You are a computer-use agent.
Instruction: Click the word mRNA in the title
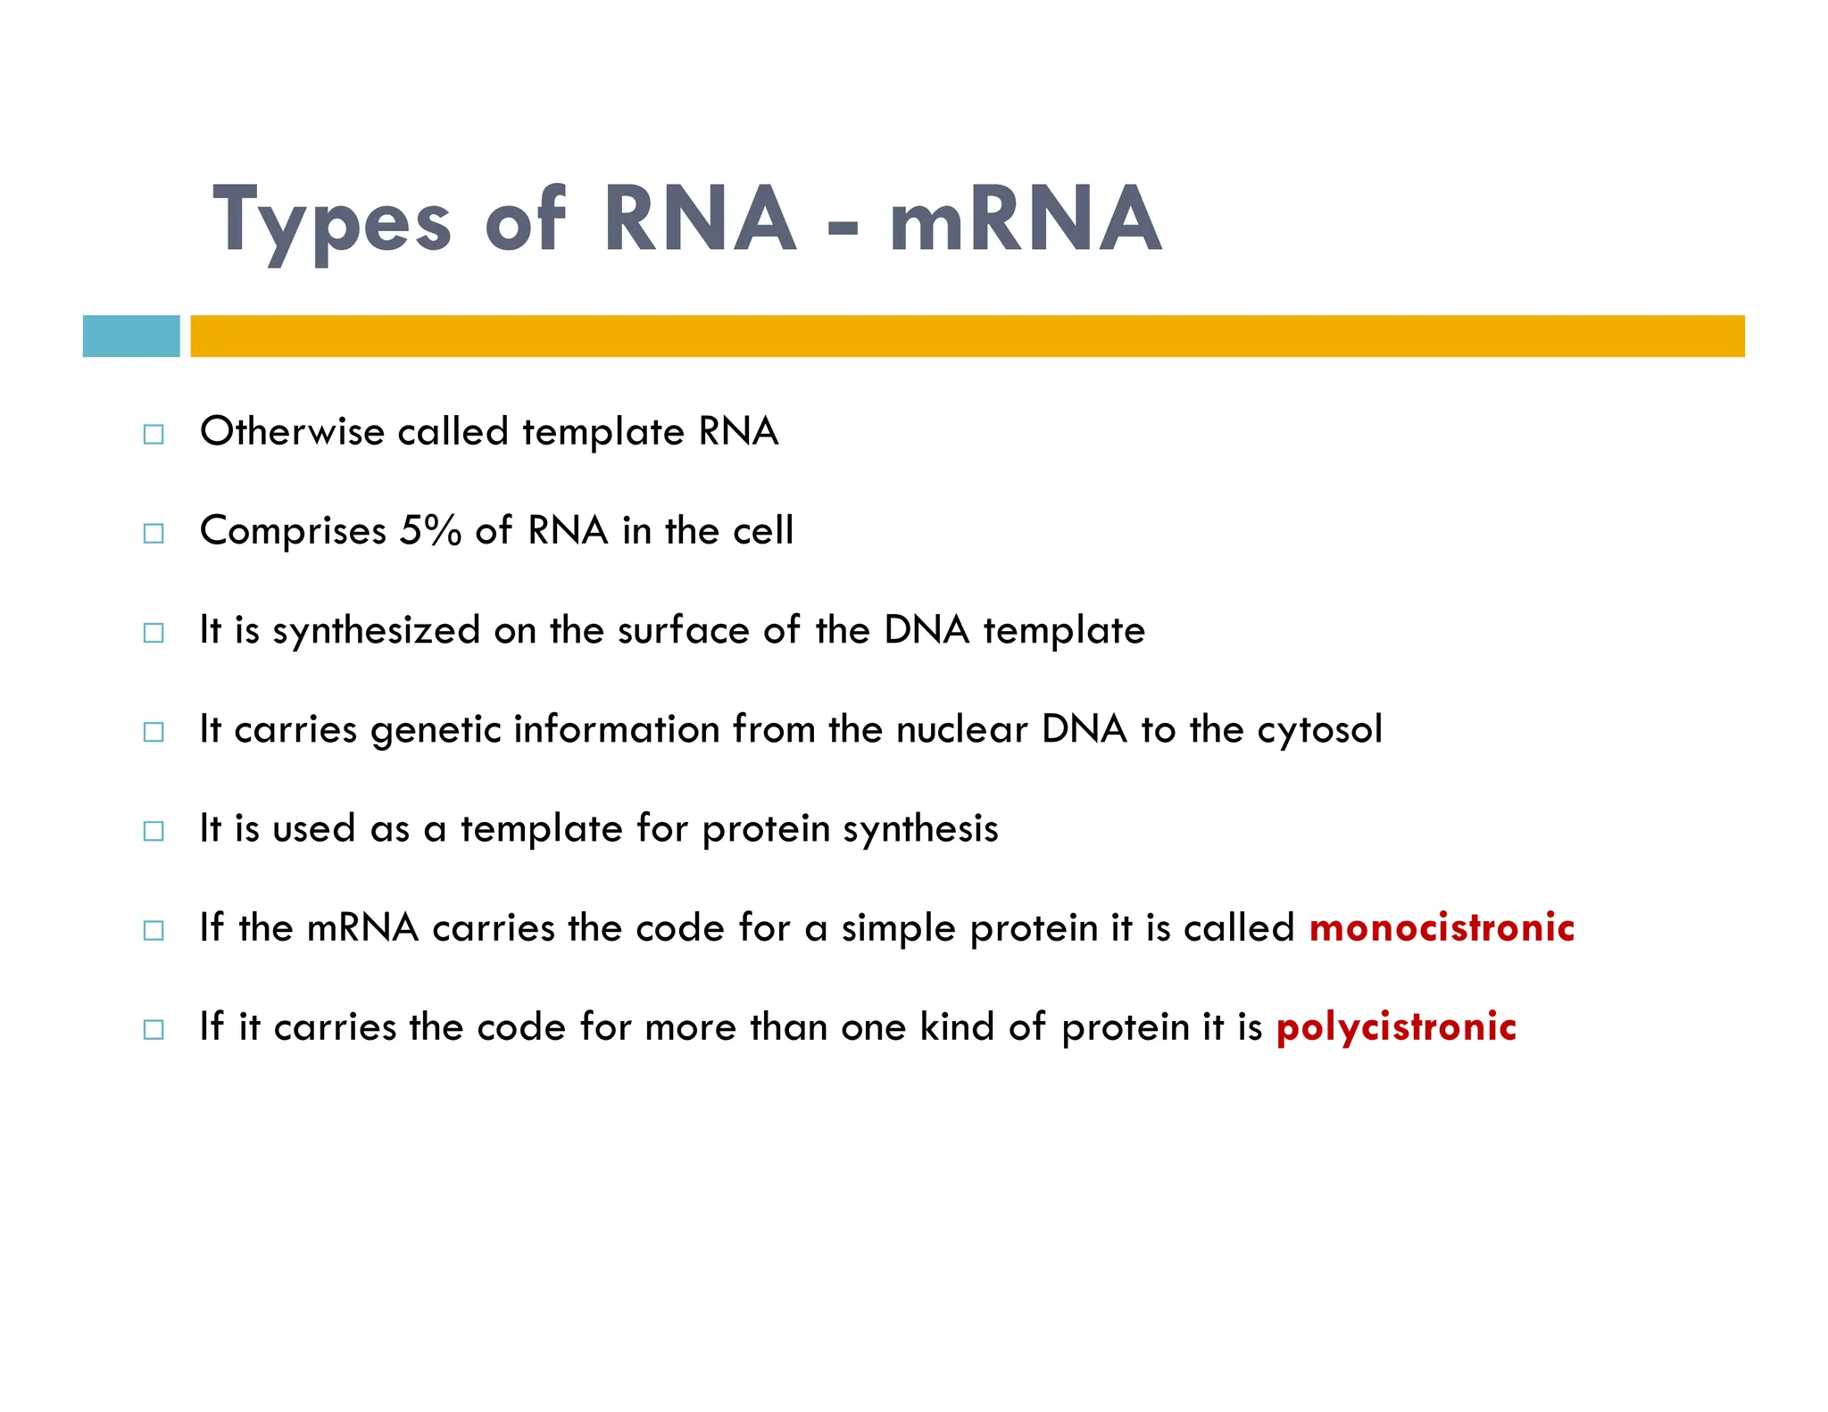pyautogui.click(x=1026, y=219)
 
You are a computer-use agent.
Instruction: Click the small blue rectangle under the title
pyautogui.click(x=131, y=336)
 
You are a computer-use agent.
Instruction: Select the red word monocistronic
pyautogui.click(x=1442, y=927)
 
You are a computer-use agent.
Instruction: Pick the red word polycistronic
pyautogui.click(x=1396, y=1027)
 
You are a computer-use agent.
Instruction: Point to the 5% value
pyautogui.click(x=430, y=530)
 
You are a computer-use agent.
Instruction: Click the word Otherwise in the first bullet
pyautogui.click(x=292, y=431)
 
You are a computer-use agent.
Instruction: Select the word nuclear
pyautogui.click(x=961, y=729)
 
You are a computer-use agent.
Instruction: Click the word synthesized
pyautogui.click(x=377, y=631)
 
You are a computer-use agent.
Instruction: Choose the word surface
pyautogui.click(x=683, y=630)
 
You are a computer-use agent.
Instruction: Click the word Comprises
pyautogui.click(x=293, y=532)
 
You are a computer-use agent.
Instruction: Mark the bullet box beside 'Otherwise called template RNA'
pyautogui.click(x=154, y=435)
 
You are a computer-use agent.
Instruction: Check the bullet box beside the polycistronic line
pyautogui.click(x=154, y=1029)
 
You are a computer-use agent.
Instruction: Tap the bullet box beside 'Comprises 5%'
pyautogui.click(x=154, y=534)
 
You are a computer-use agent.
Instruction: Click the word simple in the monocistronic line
pyautogui.click(x=899, y=928)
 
